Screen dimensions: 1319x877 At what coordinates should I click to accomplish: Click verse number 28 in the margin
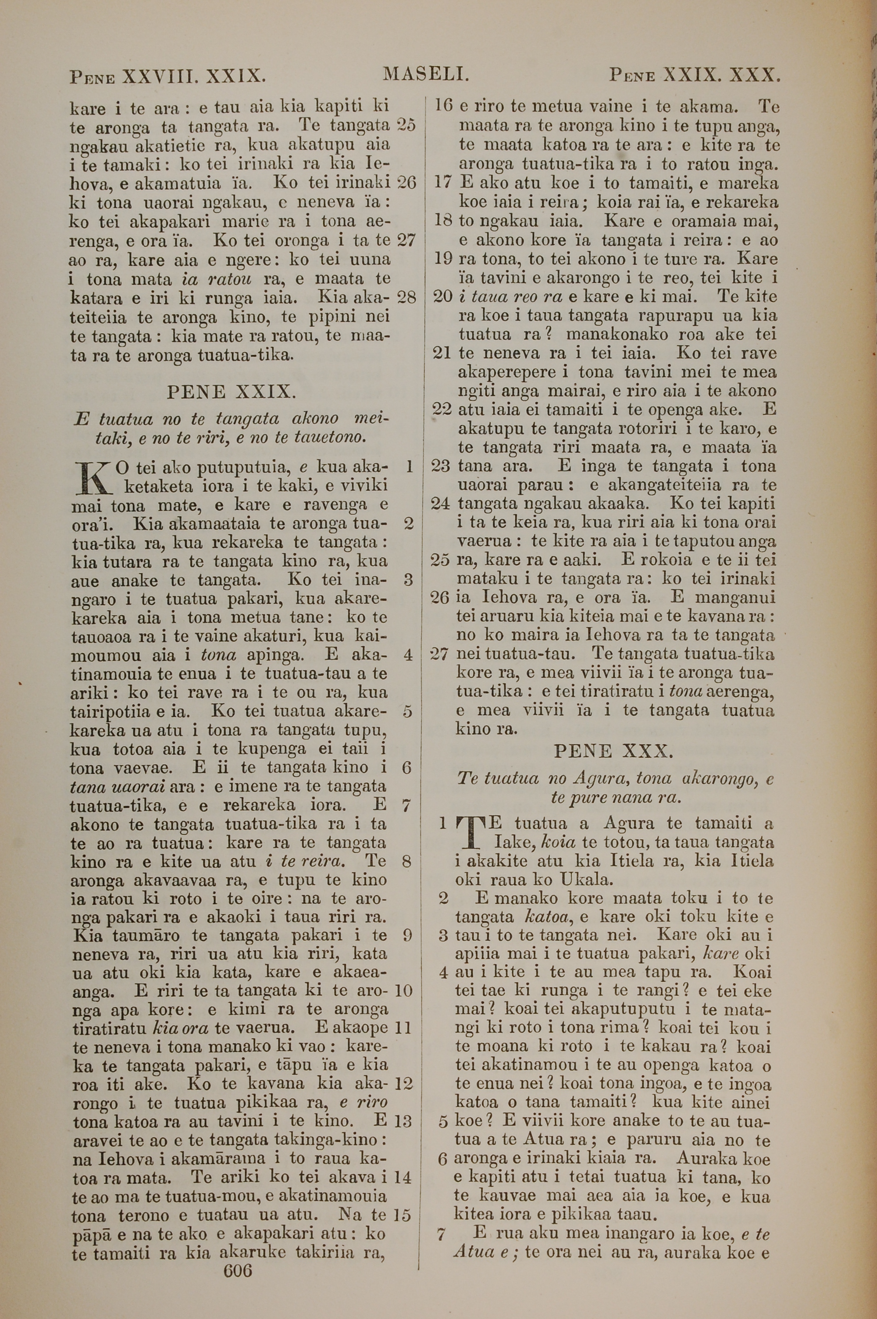point(406,297)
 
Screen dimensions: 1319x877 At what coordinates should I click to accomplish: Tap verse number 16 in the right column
point(443,105)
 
